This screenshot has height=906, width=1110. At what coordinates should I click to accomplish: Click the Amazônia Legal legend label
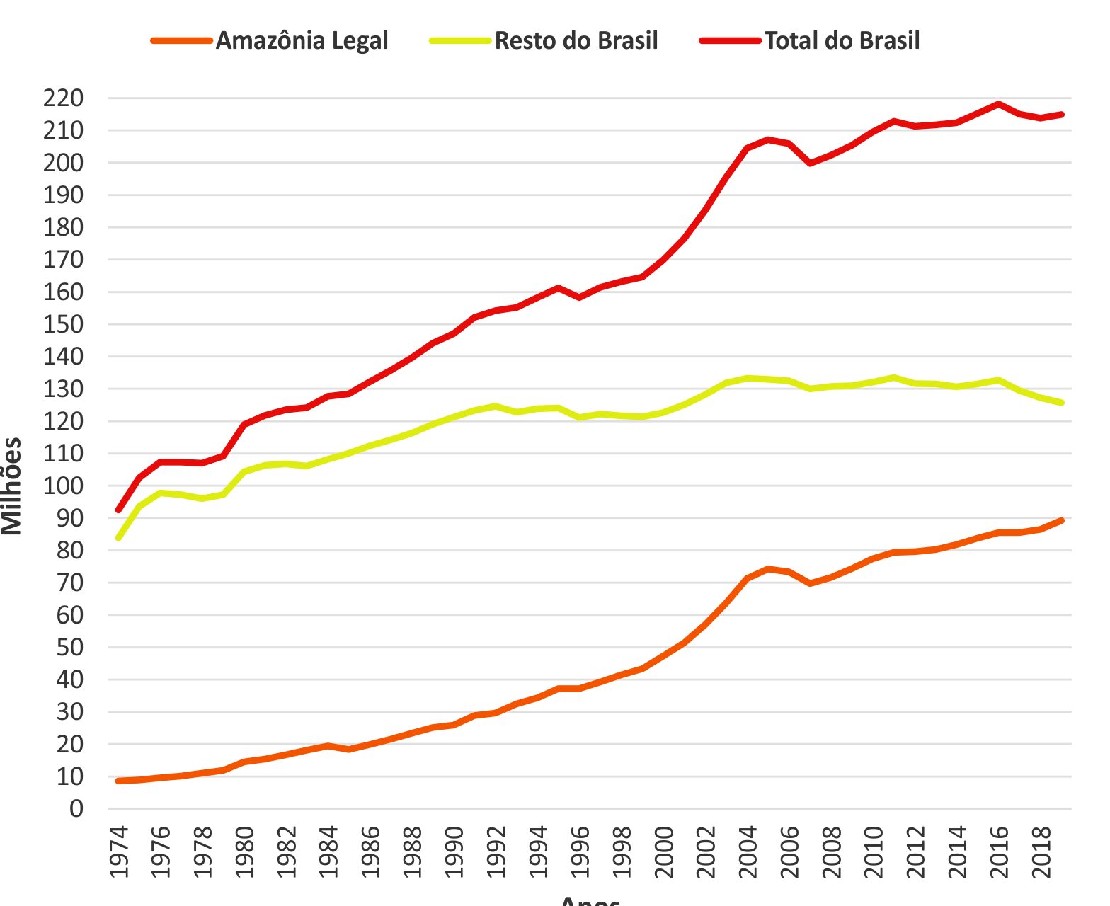coord(302,40)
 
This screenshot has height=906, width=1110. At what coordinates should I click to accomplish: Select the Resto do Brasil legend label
coord(576,40)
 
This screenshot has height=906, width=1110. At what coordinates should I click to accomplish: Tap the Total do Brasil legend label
coord(842,40)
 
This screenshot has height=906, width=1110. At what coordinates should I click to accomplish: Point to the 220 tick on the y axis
coord(63,98)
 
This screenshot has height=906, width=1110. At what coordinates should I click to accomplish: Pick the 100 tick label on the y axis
coord(63,486)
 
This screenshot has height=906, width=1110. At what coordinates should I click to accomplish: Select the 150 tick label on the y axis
coord(63,324)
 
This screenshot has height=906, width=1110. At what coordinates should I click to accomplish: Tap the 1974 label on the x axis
coord(119,852)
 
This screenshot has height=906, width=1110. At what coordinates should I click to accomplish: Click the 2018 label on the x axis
coord(1041,852)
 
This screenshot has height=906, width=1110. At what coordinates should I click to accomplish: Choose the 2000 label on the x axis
coord(664,852)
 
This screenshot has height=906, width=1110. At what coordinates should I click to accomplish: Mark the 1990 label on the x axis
coord(454,852)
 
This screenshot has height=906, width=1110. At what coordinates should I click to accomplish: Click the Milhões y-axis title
coord(12,486)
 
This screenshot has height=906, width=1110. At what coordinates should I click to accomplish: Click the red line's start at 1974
coord(118,510)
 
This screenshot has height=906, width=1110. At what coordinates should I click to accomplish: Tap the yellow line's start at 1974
coord(118,538)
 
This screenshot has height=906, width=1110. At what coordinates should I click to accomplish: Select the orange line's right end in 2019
coord(1062,520)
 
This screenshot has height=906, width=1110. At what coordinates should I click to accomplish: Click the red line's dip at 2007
coord(810,163)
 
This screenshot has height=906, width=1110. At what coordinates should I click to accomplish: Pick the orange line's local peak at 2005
coord(768,568)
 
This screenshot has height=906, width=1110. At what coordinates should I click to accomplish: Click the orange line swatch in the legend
coord(181,40)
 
